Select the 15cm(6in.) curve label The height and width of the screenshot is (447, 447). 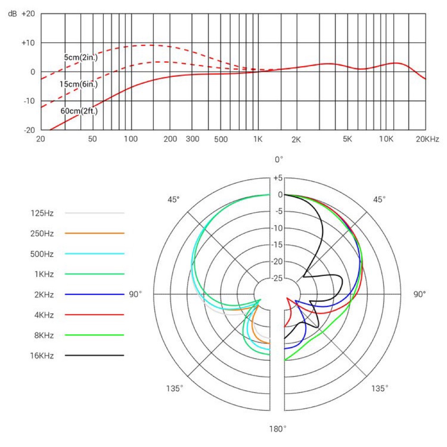[79, 84]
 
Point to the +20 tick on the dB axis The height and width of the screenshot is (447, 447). [28, 14]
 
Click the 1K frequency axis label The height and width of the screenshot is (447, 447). [258, 139]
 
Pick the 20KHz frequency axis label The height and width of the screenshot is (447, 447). [427, 139]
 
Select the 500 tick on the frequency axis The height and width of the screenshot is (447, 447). [221, 139]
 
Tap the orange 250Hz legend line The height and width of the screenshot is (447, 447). [94, 233]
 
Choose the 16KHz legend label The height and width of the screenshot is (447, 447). [43, 356]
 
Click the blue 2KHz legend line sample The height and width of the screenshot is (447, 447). [94, 295]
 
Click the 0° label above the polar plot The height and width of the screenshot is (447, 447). [279, 160]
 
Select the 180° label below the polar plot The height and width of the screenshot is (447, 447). [277, 429]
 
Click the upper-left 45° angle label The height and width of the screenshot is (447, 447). [173, 199]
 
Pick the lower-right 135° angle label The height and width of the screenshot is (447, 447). [379, 388]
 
